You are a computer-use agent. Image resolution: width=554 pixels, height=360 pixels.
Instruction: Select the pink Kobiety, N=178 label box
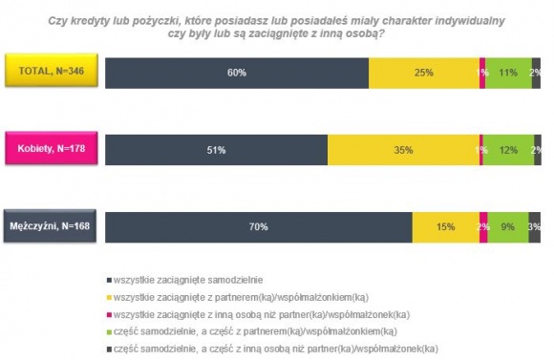pos(50,148)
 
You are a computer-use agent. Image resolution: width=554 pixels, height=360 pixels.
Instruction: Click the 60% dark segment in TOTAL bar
pos(236,73)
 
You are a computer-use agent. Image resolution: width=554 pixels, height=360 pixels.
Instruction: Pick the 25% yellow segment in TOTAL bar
pos(423,73)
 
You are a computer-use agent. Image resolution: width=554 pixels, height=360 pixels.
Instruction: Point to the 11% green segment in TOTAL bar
pos(508,73)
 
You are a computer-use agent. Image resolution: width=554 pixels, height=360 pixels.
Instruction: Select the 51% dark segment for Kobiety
pos(216,150)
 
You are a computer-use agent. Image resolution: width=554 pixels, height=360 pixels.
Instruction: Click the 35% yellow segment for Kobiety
pos(403,150)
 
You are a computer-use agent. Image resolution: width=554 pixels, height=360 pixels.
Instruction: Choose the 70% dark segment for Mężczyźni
pos(258,227)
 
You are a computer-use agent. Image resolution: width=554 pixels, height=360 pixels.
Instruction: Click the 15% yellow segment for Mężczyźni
pos(445,227)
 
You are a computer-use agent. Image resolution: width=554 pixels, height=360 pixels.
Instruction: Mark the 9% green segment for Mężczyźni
pos(507,227)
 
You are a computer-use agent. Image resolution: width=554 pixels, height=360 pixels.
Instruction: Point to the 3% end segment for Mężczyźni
pos(535,227)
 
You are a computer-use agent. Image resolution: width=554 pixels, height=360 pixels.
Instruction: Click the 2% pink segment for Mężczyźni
pos(483,227)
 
